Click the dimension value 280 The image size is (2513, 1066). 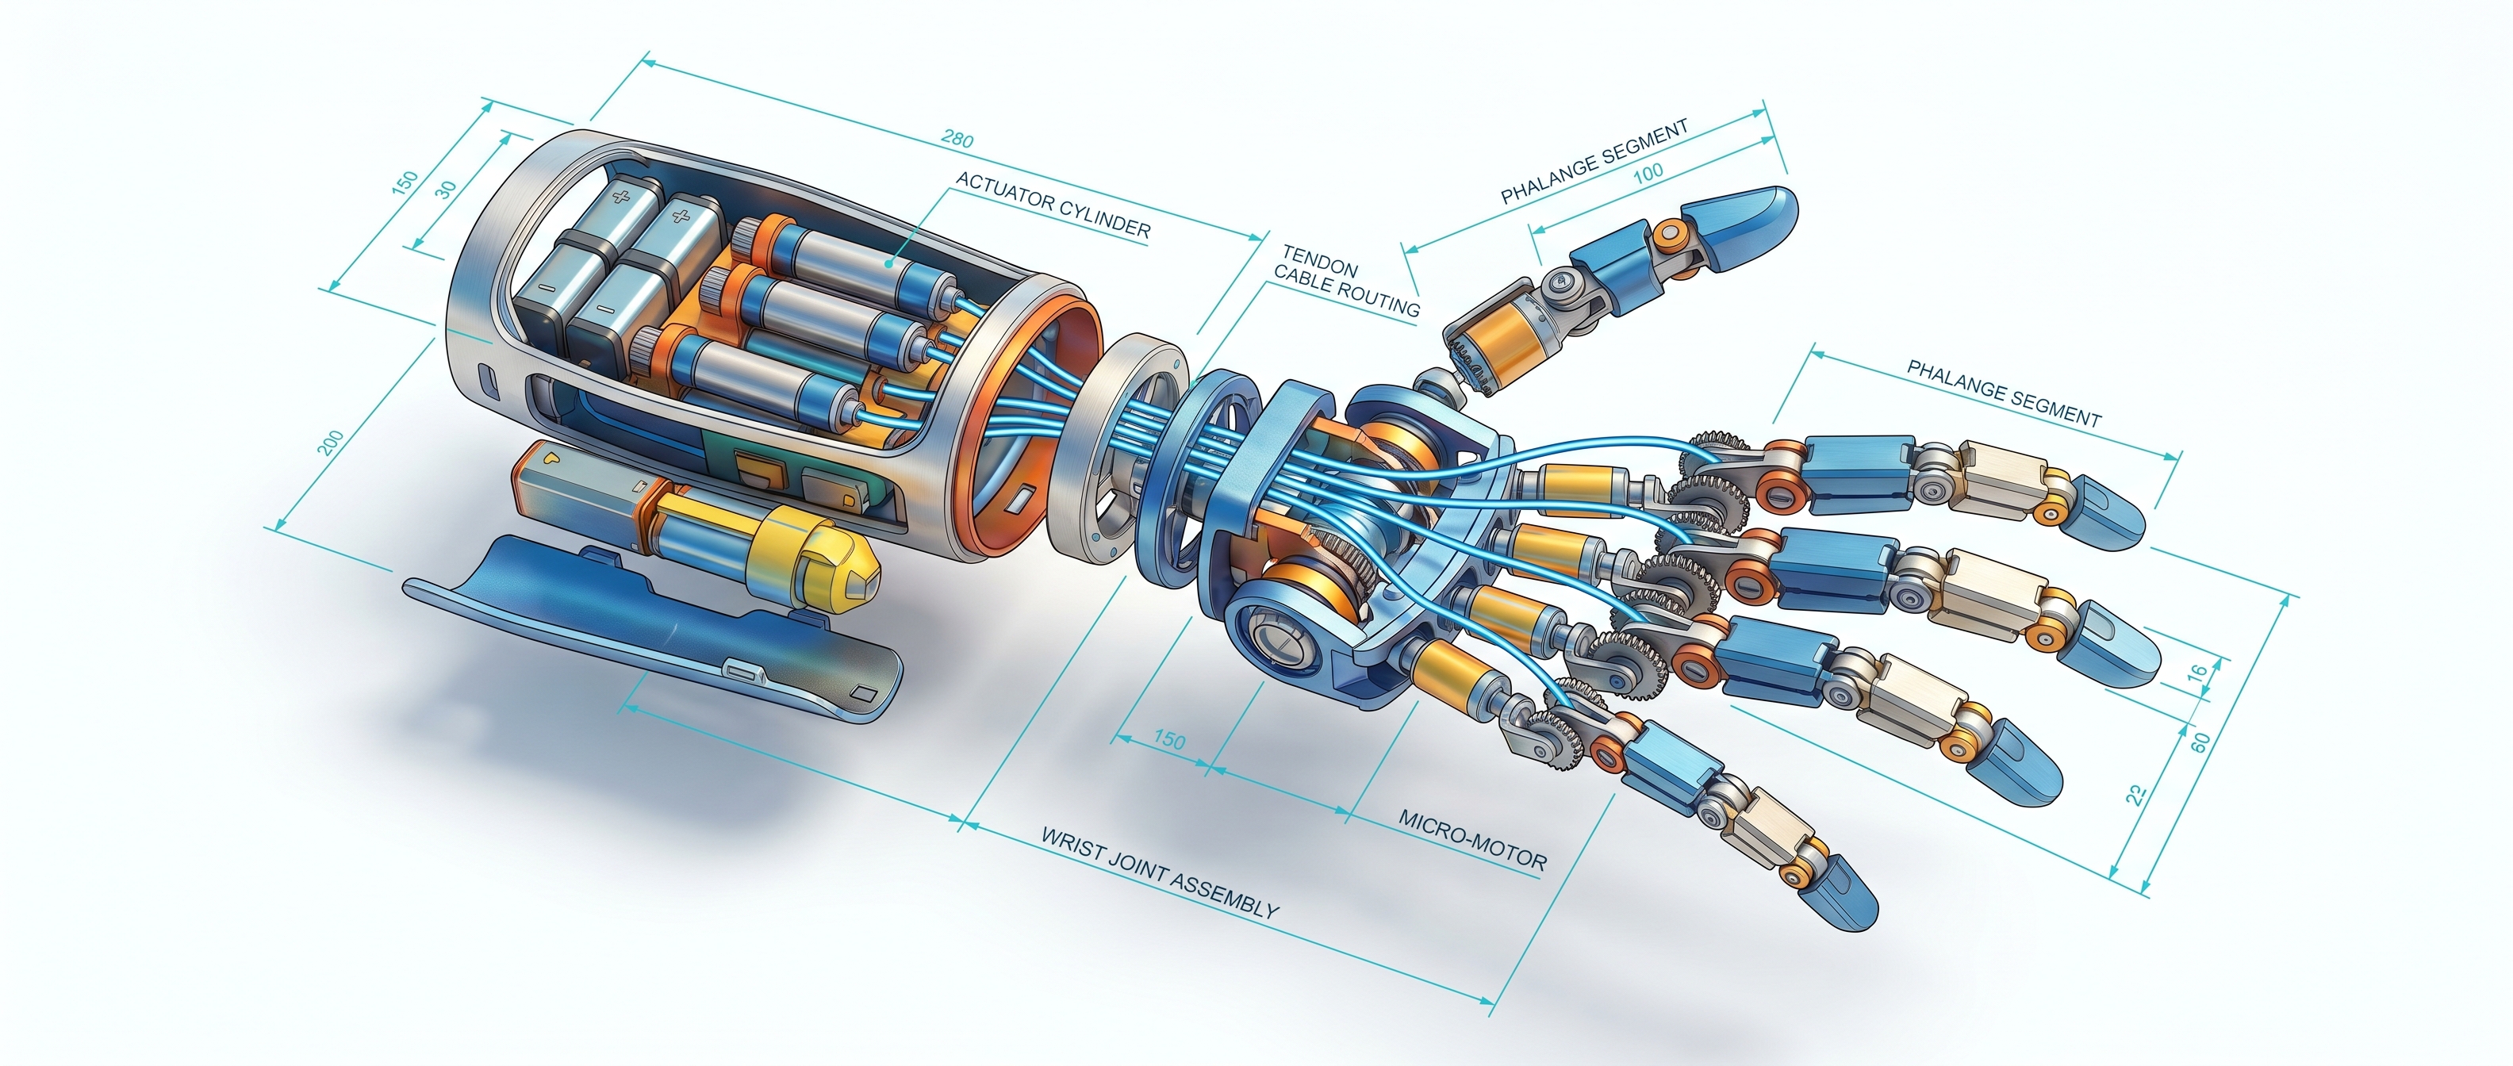tap(957, 140)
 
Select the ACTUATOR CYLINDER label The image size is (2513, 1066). tap(1053, 205)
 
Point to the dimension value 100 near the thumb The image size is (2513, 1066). tap(1648, 173)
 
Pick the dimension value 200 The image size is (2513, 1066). tap(331, 443)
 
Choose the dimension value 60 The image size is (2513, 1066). tap(2200, 742)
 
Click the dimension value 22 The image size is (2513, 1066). tap(2136, 795)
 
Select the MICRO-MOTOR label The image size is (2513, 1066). tap(1473, 838)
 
